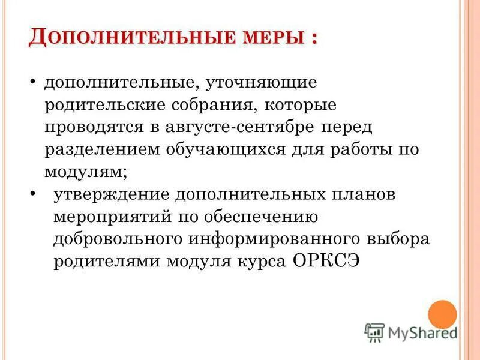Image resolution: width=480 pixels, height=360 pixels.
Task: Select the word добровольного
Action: [x=118, y=239]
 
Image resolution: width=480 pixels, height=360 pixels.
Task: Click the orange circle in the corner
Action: [x=442, y=314]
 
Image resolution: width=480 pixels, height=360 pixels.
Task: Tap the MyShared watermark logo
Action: [x=411, y=332]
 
